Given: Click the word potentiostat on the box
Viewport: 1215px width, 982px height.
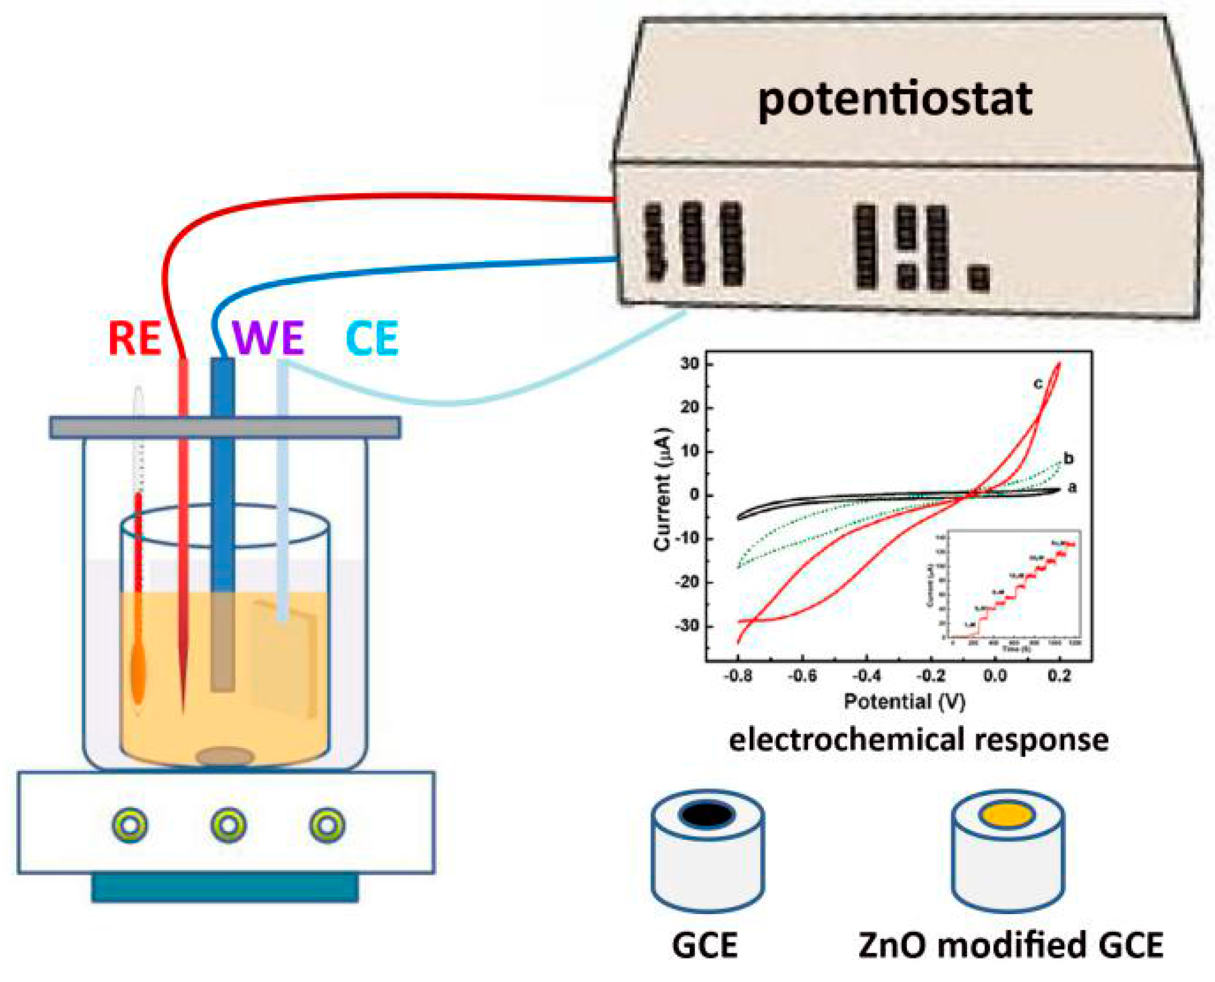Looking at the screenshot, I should point(895,100).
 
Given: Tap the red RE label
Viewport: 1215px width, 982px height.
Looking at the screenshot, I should point(135,338).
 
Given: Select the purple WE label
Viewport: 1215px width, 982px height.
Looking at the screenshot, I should point(268,338).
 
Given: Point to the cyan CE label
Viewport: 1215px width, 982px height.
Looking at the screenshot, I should point(372,338).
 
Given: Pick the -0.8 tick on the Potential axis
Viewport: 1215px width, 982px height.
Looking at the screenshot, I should point(737,677).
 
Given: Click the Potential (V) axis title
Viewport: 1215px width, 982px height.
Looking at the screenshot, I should point(904,702).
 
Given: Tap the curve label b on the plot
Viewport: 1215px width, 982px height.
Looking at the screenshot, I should point(1068,459).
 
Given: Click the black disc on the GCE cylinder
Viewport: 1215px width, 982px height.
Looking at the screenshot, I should point(707,815).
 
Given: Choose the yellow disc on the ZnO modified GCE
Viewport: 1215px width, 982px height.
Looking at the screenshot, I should point(1007,815).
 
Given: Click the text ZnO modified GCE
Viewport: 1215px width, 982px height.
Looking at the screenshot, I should point(1010,945).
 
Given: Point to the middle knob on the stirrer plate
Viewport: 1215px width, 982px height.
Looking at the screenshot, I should point(228,825).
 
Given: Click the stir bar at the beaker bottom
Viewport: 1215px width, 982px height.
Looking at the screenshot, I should point(225,756).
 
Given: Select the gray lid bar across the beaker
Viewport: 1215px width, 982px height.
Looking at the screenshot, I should point(225,428).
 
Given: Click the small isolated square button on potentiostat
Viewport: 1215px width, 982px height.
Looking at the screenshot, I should point(978,278).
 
